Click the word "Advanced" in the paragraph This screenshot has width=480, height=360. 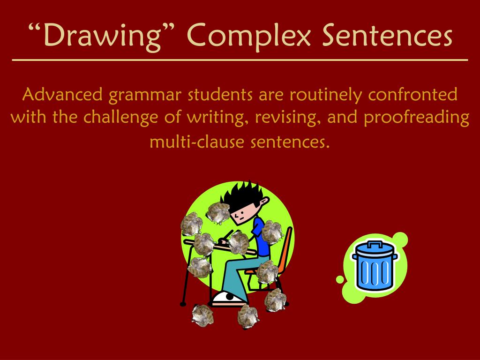pyautogui.click(x=62, y=95)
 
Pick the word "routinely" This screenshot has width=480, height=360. pyautogui.click(x=326, y=96)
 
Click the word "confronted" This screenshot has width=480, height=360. pyautogui.click(x=412, y=95)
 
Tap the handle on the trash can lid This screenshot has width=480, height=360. pyautogui.click(x=374, y=244)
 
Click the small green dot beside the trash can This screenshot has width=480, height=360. pyautogui.click(x=340, y=280)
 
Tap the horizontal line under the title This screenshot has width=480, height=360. pyautogui.click(x=240, y=60)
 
